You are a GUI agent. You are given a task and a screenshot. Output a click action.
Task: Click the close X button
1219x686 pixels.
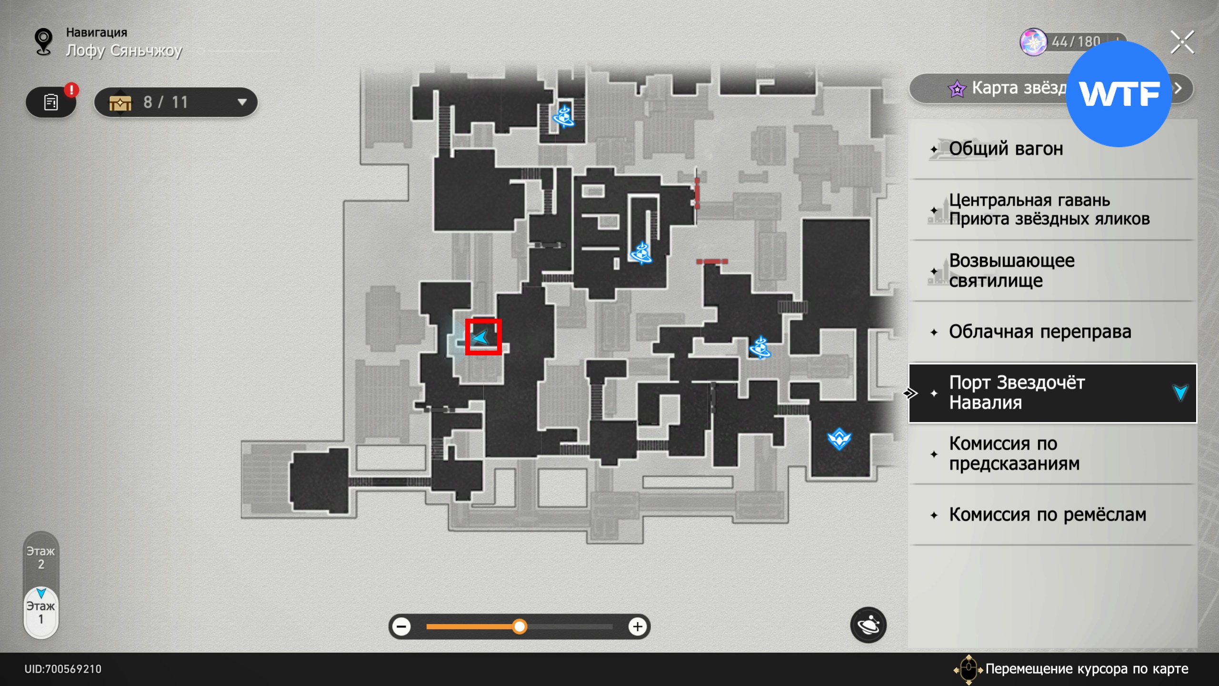(1182, 42)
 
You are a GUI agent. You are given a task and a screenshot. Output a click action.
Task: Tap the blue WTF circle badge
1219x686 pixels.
(1119, 94)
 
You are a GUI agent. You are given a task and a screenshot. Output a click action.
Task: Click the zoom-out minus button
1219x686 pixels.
(402, 626)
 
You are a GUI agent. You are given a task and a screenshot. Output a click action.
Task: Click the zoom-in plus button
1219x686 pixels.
(638, 626)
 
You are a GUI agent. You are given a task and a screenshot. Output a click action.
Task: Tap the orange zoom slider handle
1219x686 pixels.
(520, 626)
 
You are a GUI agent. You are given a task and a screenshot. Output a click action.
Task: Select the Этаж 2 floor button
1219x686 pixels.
(41, 558)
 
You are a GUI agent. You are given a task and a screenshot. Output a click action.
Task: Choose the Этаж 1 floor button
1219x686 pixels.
(41, 613)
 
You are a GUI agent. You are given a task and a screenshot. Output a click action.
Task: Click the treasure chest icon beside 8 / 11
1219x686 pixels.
(120, 102)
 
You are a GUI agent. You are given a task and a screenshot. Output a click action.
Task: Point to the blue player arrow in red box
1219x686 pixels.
(482, 337)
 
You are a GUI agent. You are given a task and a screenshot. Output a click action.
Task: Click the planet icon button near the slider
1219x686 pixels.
(868, 625)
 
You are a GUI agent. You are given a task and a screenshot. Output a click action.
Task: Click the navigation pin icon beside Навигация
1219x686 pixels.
(44, 42)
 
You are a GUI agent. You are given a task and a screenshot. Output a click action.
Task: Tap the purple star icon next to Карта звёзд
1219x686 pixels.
(957, 89)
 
